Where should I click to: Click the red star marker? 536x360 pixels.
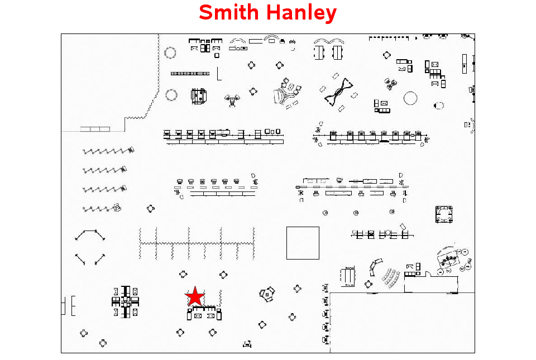(x=194, y=296)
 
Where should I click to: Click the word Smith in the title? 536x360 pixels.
(x=229, y=12)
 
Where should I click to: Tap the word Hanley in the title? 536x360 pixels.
(x=301, y=13)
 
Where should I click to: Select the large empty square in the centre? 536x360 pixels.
(x=303, y=243)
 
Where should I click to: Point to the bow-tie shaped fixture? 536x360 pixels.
(x=338, y=92)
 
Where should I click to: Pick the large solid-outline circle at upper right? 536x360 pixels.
(x=410, y=98)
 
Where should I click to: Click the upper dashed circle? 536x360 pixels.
(x=170, y=53)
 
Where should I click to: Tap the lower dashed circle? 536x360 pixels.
(x=171, y=95)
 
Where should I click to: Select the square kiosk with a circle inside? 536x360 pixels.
(x=444, y=214)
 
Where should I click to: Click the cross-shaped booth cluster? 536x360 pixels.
(x=126, y=301)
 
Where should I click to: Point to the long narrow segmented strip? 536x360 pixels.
(x=190, y=74)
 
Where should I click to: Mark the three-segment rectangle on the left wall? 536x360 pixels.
(x=95, y=129)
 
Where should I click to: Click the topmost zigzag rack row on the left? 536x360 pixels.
(x=108, y=151)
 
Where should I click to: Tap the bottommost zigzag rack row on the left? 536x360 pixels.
(x=102, y=208)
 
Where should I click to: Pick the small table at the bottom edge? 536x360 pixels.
(x=247, y=344)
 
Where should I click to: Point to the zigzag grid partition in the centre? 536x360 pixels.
(x=197, y=243)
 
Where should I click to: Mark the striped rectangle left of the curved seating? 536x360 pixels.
(x=348, y=276)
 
